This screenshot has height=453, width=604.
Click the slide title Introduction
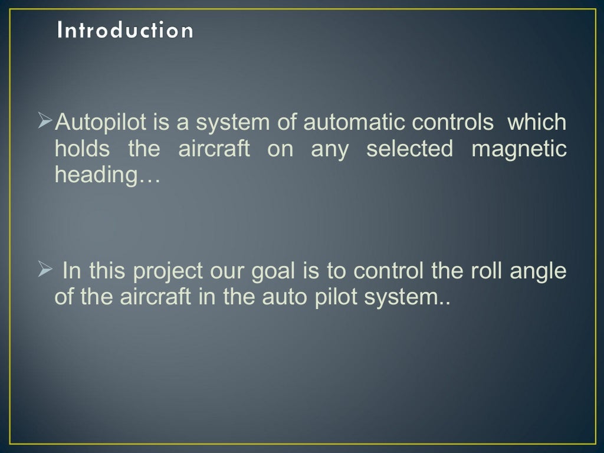(x=124, y=30)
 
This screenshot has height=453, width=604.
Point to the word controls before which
(x=452, y=123)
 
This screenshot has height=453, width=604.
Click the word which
(x=537, y=123)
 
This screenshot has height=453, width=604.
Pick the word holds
(x=82, y=149)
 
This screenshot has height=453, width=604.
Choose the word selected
(x=409, y=149)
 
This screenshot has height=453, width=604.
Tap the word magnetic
(x=519, y=150)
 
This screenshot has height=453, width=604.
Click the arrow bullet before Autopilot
(x=45, y=122)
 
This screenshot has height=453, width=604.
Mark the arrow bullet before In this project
(x=45, y=271)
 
